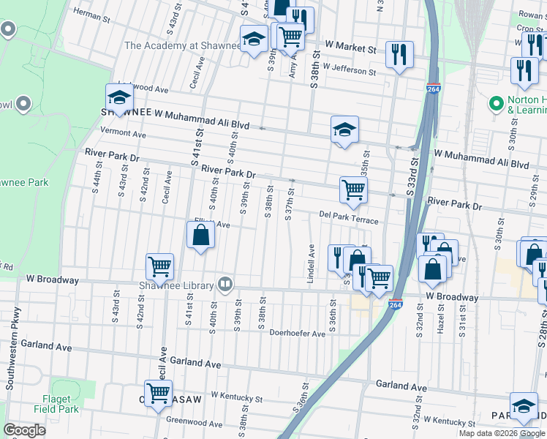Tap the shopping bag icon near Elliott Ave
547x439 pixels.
[200, 236]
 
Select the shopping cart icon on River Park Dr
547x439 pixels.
[353, 190]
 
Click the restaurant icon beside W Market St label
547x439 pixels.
[399, 54]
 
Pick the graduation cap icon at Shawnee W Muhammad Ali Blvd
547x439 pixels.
[119, 98]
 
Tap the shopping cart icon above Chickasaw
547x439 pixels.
[158, 394]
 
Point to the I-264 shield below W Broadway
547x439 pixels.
[396, 304]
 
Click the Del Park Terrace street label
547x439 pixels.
[349, 217]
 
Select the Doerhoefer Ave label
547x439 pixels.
[297, 333]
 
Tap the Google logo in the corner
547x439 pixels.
[24, 429]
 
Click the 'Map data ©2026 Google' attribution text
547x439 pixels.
[501, 433]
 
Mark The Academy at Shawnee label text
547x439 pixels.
[182, 45]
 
